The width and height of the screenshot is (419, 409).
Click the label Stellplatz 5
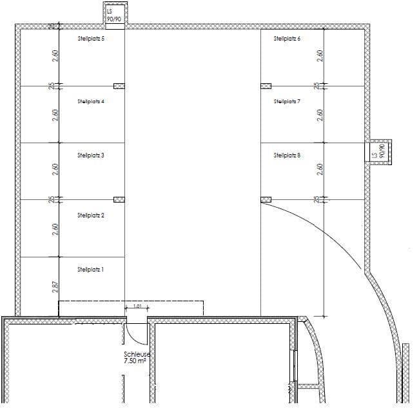coord(90,39)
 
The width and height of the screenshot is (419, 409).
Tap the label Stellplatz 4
coord(90,101)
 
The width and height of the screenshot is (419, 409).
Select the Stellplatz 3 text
coord(90,155)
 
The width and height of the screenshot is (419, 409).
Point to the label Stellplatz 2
coord(90,215)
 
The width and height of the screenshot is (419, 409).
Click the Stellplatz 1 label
coord(90,269)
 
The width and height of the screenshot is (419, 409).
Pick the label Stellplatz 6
coord(287,39)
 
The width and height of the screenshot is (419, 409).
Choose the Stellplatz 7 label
coord(287,101)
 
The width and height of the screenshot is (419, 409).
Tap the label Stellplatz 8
coord(287,155)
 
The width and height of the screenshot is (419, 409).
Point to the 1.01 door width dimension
coord(137,306)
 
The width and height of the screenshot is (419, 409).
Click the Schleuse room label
coord(137,355)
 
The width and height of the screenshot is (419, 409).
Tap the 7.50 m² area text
coord(135,362)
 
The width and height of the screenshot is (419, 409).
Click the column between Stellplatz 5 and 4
coord(119,86)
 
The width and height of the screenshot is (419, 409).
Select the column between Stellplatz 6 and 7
coord(266,86)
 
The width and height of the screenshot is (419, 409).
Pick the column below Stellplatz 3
coord(119,199)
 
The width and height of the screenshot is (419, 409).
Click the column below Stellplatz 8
coord(266,199)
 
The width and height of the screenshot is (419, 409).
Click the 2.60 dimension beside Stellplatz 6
coord(320,56)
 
